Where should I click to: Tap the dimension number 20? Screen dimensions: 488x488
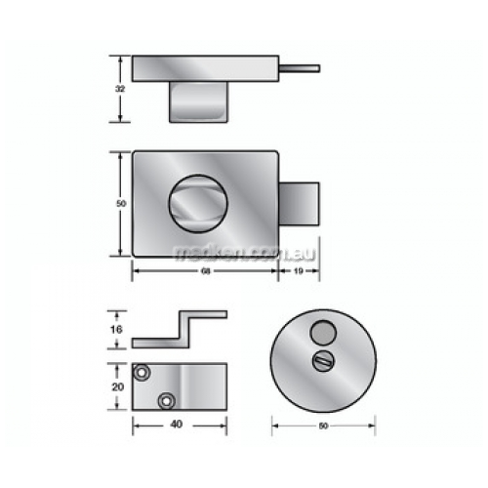click(118, 387)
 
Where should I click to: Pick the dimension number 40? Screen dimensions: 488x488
click(175, 425)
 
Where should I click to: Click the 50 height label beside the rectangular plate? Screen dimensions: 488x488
click(119, 203)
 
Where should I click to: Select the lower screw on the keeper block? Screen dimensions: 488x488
click(167, 400)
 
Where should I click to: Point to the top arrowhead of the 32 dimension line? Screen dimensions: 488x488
click(120, 59)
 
